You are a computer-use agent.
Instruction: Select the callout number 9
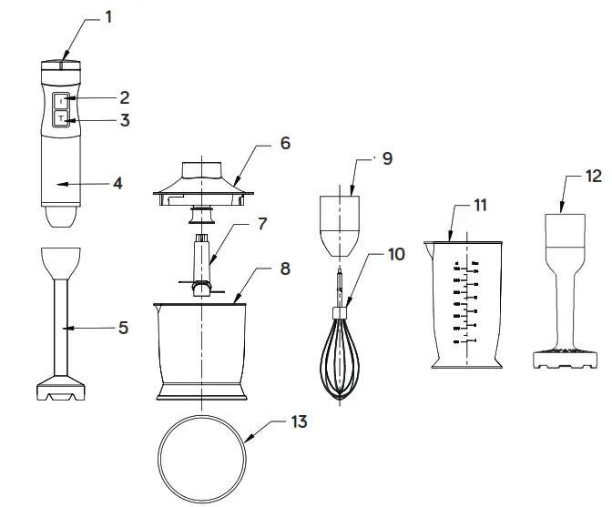coord(387,159)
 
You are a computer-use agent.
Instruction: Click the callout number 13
coord(300,421)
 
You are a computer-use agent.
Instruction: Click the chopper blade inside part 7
coord(202,288)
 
